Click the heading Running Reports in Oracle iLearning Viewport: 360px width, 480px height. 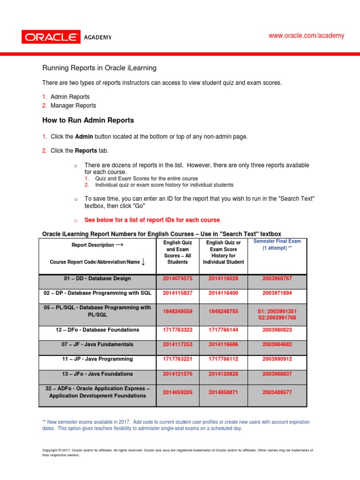99,68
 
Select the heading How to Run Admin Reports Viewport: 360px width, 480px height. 88,120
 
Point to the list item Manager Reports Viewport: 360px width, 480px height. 73,105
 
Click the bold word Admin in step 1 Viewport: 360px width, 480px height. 84,136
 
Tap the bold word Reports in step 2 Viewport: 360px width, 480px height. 86,150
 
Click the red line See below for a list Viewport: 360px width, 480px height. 152,220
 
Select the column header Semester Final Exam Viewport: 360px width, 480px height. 277,241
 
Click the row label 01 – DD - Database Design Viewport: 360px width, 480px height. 97,278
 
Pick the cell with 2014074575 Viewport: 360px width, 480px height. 178,278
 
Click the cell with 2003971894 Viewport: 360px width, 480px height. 277,292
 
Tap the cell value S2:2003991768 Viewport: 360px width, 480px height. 277,318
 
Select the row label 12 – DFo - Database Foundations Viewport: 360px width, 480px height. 97,330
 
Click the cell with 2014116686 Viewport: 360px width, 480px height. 223,344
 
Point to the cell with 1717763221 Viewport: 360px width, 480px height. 178,359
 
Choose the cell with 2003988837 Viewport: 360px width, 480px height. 277,374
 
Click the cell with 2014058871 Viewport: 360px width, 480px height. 223,392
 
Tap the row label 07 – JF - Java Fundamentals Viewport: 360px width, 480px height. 97,344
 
